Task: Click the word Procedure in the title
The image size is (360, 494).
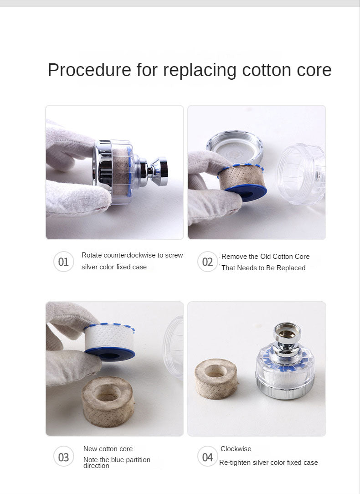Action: point(89,70)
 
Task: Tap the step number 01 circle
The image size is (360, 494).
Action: point(63,262)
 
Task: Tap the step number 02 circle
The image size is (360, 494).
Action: point(207,262)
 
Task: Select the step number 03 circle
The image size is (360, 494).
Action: point(63,457)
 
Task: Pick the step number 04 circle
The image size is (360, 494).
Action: point(207,457)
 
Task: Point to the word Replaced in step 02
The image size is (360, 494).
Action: point(291,268)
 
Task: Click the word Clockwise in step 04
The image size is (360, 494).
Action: point(236,448)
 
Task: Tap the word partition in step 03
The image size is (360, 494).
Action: point(138,460)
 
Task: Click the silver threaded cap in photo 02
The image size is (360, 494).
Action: point(235,146)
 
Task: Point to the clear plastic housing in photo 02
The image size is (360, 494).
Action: point(301,174)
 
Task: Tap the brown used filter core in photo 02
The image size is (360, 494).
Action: point(242,182)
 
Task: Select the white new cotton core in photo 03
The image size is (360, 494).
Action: point(109,342)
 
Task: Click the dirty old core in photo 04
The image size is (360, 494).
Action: point(216,378)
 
